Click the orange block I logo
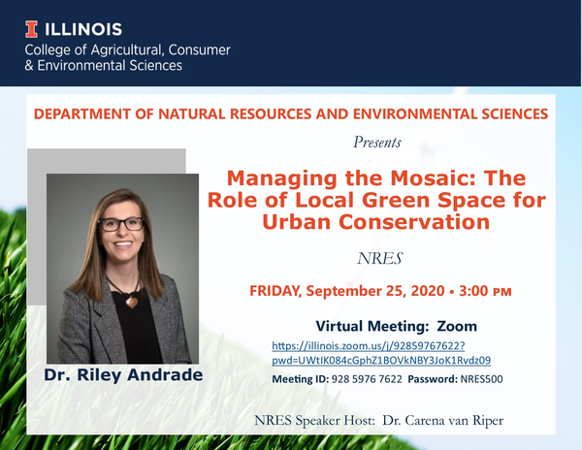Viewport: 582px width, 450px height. pos(31,29)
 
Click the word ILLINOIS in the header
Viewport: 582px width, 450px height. pos(83,30)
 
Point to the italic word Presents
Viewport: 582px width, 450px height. pos(377,143)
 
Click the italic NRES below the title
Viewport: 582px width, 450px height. pos(379,259)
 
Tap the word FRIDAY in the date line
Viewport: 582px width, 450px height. pos(275,291)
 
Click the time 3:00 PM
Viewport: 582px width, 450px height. pos(485,291)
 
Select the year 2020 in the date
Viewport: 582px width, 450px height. pos(428,291)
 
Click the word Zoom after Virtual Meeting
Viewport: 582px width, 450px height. pos(457,327)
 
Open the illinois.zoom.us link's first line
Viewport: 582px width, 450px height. pos(369,346)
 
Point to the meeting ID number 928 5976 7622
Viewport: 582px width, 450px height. pos(367,379)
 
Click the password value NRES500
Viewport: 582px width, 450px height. pos(481,379)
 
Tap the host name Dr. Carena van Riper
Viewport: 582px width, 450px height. pos(443,421)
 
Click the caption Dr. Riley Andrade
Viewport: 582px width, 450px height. pos(123,375)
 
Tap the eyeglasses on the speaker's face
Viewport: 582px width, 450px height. pos(121,224)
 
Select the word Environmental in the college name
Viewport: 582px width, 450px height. pos(81,66)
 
